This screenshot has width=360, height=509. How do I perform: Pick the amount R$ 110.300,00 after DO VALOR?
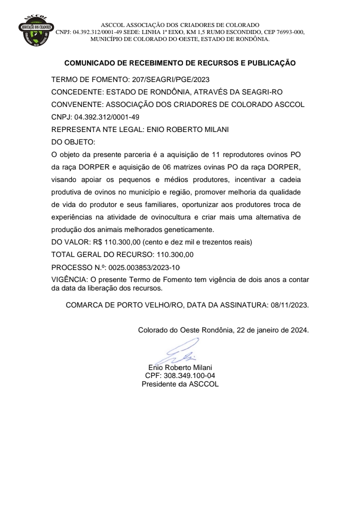click(113, 242)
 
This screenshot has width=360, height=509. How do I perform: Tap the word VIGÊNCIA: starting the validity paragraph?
click(69, 278)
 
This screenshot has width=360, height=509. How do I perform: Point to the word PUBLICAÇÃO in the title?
click(270, 63)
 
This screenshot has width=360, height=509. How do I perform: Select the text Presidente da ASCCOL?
click(180, 384)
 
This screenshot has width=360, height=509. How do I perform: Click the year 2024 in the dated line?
click(298, 330)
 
